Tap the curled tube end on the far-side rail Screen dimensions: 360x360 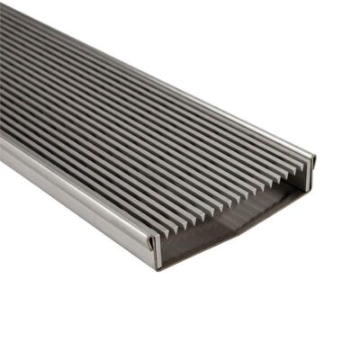[311, 159]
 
